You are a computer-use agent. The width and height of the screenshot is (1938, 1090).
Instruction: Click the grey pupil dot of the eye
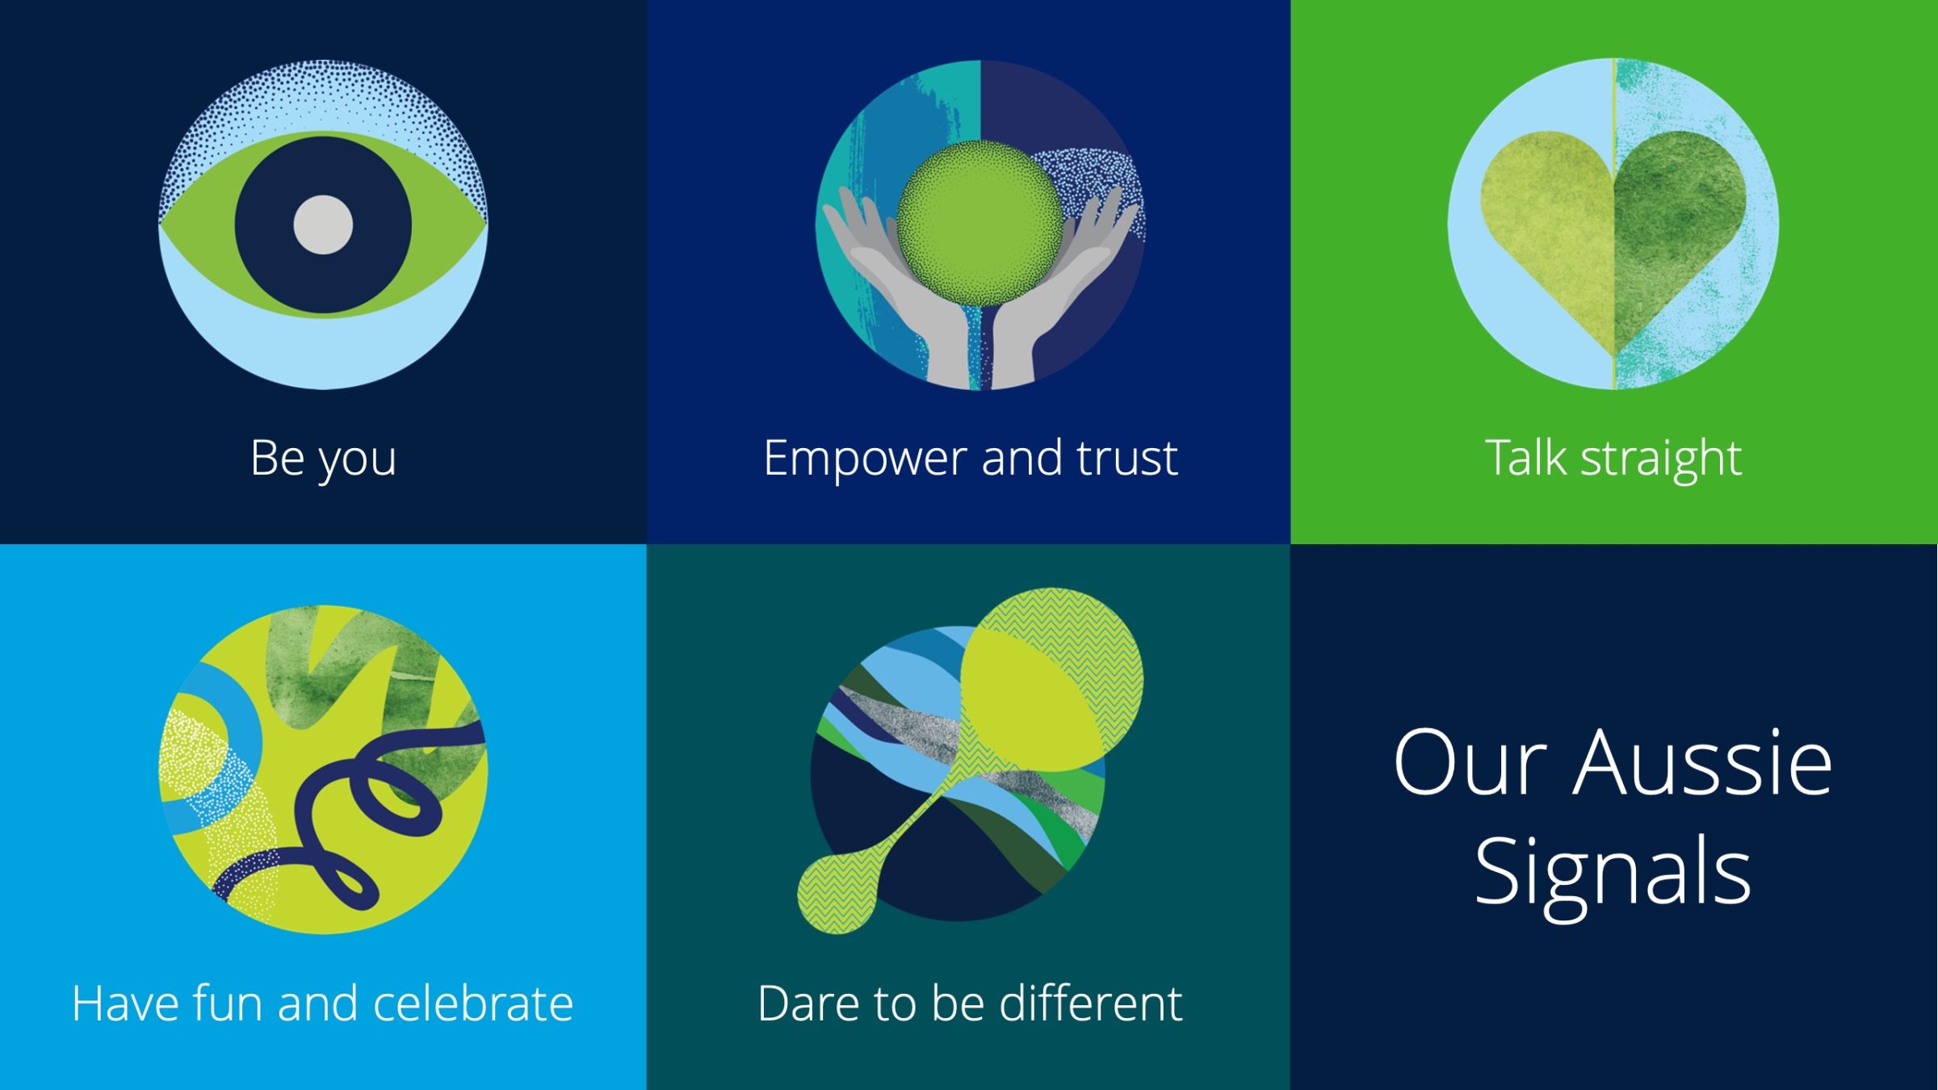(323, 224)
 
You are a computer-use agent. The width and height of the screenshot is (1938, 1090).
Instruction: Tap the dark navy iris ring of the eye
(266, 224)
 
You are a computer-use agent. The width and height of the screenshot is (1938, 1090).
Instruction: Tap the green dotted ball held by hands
(979, 222)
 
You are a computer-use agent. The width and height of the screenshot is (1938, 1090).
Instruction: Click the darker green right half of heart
(1672, 218)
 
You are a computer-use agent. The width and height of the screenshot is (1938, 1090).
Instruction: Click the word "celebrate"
(473, 1004)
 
